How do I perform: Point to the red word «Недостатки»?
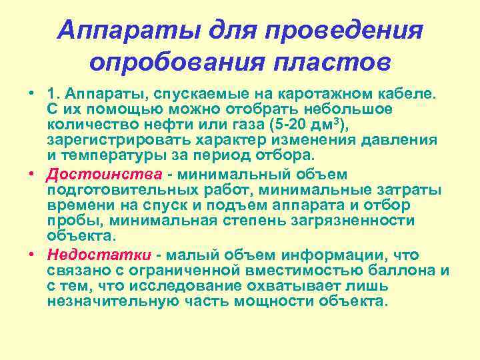[x=101, y=255]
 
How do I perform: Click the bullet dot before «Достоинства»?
[x=31, y=175]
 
